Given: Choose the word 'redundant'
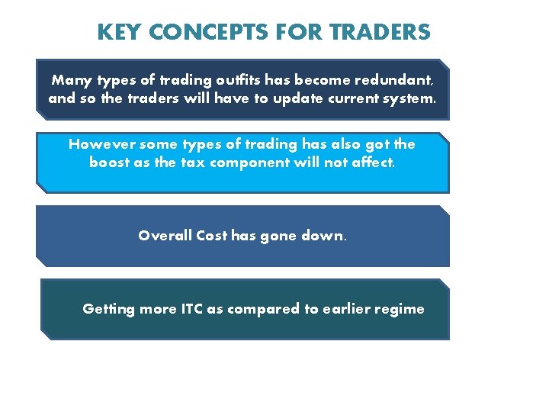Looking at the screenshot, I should (393, 80).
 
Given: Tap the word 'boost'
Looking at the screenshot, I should (113, 163).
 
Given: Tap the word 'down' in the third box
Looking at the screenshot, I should (323, 236).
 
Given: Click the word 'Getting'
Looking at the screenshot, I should (108, 309).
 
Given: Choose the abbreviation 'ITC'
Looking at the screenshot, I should (191, 309).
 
